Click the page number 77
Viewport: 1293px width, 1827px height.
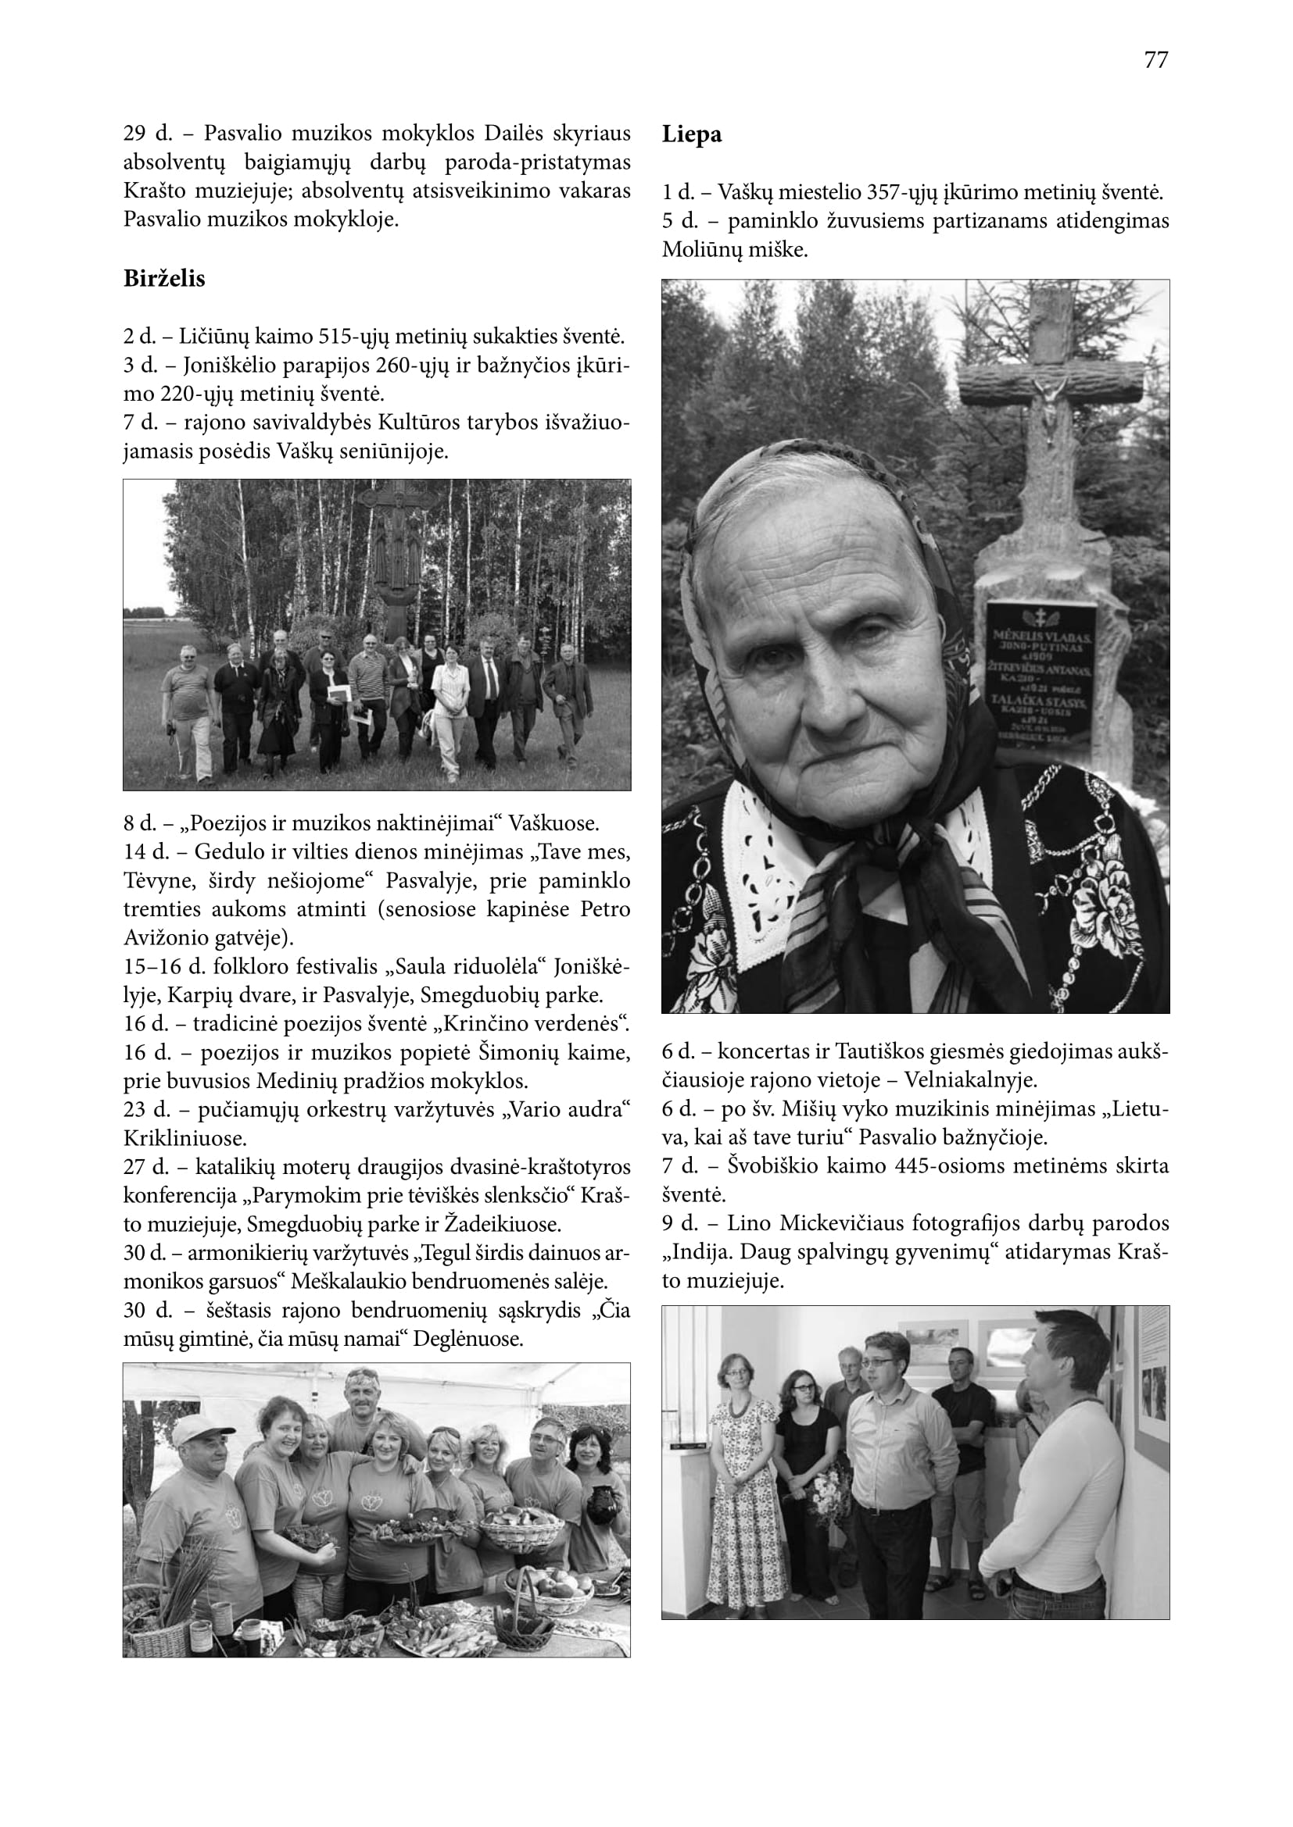pyautogui.click(x=1156, y=60)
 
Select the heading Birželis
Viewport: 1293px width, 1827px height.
pyautogui.click(x=164, y=279)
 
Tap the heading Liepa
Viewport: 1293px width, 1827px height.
pyautogui.click(x=692, y=134)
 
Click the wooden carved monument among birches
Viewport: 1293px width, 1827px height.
pyautogui.click(x=396, y=549)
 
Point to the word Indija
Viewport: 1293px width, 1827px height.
pyautogui.click(x=697, y=1252)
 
